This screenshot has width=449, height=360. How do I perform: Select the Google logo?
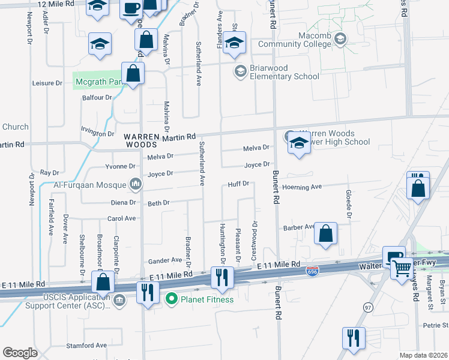point(20,353)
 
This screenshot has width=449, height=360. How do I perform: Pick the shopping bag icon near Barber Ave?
point(325,234)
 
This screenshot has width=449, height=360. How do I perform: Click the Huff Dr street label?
point(238,184)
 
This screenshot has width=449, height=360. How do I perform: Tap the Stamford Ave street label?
point(86,346)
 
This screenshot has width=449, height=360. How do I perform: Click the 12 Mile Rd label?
point(55,4)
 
